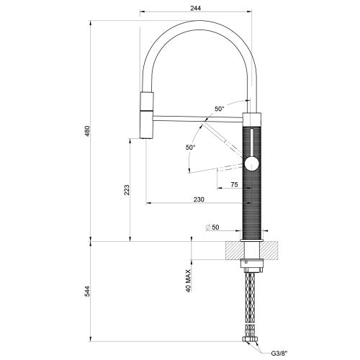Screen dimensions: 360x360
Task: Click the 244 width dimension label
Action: [x=196, y=8]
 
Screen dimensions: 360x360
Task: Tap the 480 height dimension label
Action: [x=87, y=131]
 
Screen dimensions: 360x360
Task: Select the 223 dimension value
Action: [x=127, y=189]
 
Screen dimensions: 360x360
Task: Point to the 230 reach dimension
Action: [x=199, y=199]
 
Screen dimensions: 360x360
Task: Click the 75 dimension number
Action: [x=234, y=184]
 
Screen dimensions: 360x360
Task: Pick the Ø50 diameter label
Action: [x=212, y=227]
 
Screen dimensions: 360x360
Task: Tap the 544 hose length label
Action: [x=87, y=291]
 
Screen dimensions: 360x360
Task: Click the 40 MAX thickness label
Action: [x=189, y=281]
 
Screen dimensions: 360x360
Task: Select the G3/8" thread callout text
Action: [x=279, y=353]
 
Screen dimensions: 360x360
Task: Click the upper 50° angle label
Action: [x=219, y=109]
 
